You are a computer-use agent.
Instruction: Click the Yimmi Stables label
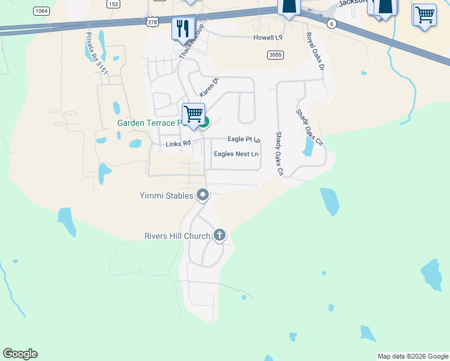point(167,196)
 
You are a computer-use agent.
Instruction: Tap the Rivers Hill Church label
point(177,236)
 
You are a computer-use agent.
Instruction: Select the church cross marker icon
point(220,235)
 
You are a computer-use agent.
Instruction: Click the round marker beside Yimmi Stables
point(203,194)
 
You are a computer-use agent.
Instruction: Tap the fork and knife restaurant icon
point(182,28)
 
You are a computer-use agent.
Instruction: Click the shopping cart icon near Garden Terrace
point(193,114)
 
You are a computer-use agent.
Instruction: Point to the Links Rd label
point(178,144)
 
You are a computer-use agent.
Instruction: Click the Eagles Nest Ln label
point(236,154)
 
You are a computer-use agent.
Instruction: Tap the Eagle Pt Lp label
point(243,139)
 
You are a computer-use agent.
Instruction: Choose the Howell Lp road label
point(268,37)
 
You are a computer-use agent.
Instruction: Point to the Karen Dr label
point(209,89)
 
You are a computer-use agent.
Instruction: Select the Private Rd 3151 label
point(96,54)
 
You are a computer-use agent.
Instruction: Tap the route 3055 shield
point(275,55)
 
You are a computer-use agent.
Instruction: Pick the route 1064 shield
point(42,11)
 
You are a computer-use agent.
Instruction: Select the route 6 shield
point(331,23)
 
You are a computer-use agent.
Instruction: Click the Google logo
point(20,354)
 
